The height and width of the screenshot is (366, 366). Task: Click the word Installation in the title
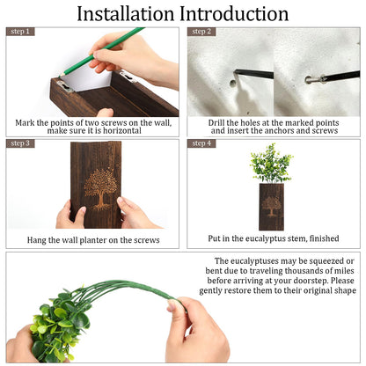[x=126, y=14]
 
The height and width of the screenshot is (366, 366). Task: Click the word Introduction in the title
[x=234, y=14]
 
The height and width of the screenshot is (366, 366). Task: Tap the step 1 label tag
[x=20, y=32]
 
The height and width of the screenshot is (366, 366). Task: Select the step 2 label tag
[x=201, y=32]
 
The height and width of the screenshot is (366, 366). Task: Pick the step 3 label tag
[x=20, y=143]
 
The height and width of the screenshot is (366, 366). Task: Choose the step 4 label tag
[x=201, y=143]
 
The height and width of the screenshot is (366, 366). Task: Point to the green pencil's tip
[x=60, y=77]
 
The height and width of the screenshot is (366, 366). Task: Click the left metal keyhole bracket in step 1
[x=65, y=86]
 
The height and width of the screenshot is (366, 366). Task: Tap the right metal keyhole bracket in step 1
[x=128, y=77]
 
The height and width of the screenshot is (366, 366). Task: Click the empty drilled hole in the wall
[x=232, y=84]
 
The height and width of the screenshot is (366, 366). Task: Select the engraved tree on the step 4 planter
[x=271, y=206]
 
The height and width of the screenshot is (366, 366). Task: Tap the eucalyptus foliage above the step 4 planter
[x=271, y=163]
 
